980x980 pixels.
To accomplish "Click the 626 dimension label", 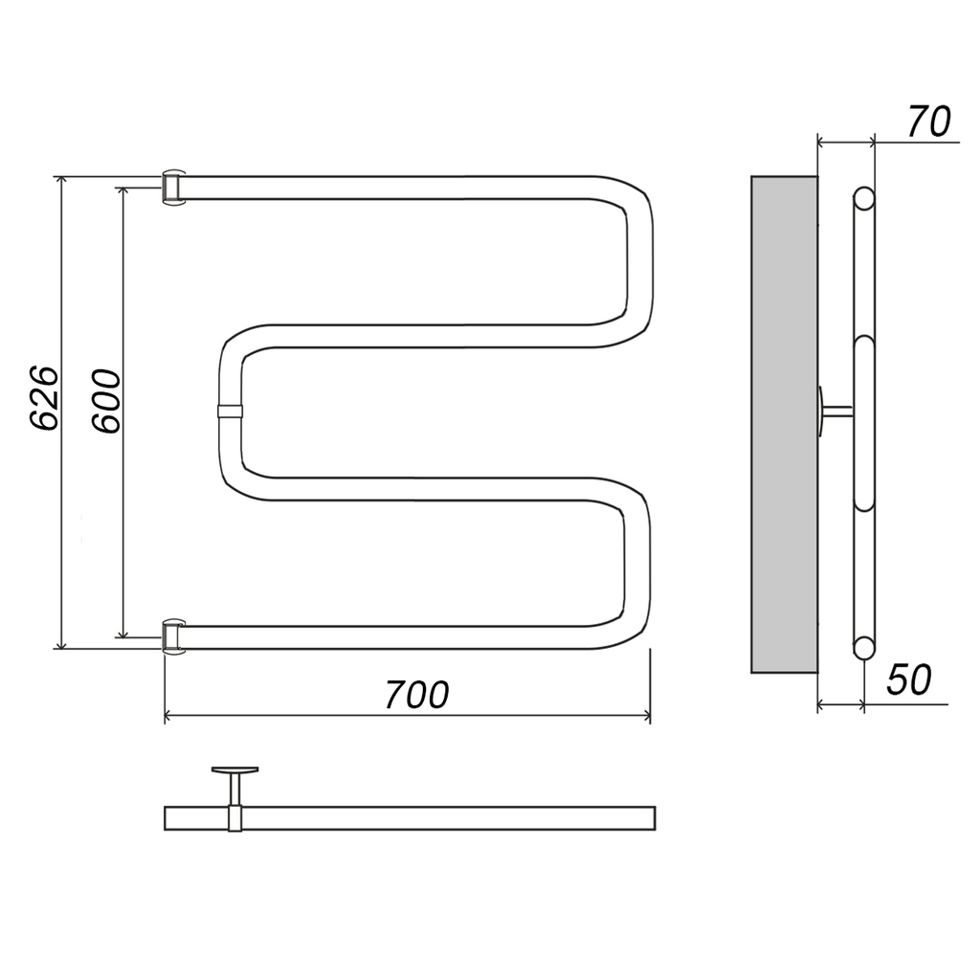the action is (45, 397).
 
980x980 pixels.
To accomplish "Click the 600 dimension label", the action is (105, 401).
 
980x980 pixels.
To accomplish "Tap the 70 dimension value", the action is (928, 122).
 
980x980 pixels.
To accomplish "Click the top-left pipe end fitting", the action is (173, 187).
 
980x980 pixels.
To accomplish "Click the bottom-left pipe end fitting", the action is (173, 636).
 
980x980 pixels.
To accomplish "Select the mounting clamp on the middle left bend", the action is (230, 412).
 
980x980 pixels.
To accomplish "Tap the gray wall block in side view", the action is (784, 424).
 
